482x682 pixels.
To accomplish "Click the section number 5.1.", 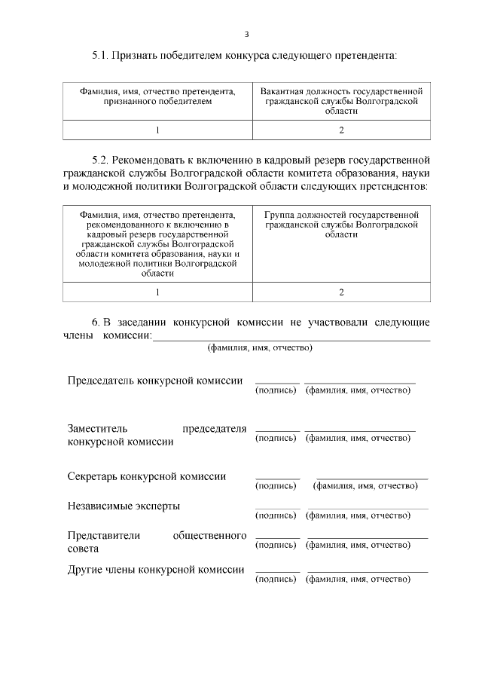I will pos(102,55).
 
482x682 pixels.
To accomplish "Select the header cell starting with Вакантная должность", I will pos(341,100).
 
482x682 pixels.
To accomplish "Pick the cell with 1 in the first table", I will pos(157,130).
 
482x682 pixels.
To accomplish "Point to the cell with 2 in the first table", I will pos(341,130).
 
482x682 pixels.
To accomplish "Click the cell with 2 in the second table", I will pos(341,292).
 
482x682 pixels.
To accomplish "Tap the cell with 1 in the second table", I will pos(157,292).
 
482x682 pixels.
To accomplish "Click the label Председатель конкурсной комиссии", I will pos(155,381).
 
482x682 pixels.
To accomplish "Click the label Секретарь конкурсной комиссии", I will pos(147,476).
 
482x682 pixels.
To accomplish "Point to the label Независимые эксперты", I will pos(124,506).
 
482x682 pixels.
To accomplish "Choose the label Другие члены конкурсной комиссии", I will pos(156,570).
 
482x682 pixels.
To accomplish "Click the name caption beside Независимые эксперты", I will pos(358,515).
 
